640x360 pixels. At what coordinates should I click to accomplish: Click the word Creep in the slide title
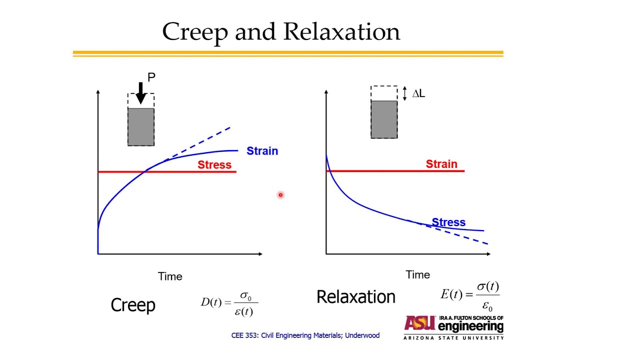coord(194,32)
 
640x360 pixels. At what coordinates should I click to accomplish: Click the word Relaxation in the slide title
coord(342,31)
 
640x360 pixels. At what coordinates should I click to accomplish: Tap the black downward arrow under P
coord(140,93)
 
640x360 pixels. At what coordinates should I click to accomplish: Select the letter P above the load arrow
coord(151,77)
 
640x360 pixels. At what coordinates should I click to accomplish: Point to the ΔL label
coord(418,93)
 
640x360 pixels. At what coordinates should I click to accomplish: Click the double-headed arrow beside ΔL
coord(405,93)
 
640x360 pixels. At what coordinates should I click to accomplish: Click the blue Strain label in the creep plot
coord(262,151)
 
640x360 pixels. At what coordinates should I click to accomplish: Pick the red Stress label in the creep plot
coord(214,164)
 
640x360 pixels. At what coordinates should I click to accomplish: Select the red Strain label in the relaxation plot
coord(441,164)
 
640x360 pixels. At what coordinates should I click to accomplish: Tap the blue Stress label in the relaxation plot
coord(448,222)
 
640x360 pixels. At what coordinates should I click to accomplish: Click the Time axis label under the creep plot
coord(170,276)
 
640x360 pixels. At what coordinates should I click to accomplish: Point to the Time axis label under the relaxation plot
coord(417,274)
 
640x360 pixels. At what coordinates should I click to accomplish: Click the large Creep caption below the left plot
coord(133,305)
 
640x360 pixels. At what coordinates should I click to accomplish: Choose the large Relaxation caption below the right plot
coord(356,297)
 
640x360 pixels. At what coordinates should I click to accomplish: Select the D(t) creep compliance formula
coord(229,302)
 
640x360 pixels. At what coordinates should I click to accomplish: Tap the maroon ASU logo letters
coord(420,323)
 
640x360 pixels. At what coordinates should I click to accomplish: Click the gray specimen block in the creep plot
coord(141,126)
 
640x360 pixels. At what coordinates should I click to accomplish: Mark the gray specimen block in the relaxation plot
coord(384,119)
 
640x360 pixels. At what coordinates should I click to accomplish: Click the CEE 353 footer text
coord(305,335)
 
